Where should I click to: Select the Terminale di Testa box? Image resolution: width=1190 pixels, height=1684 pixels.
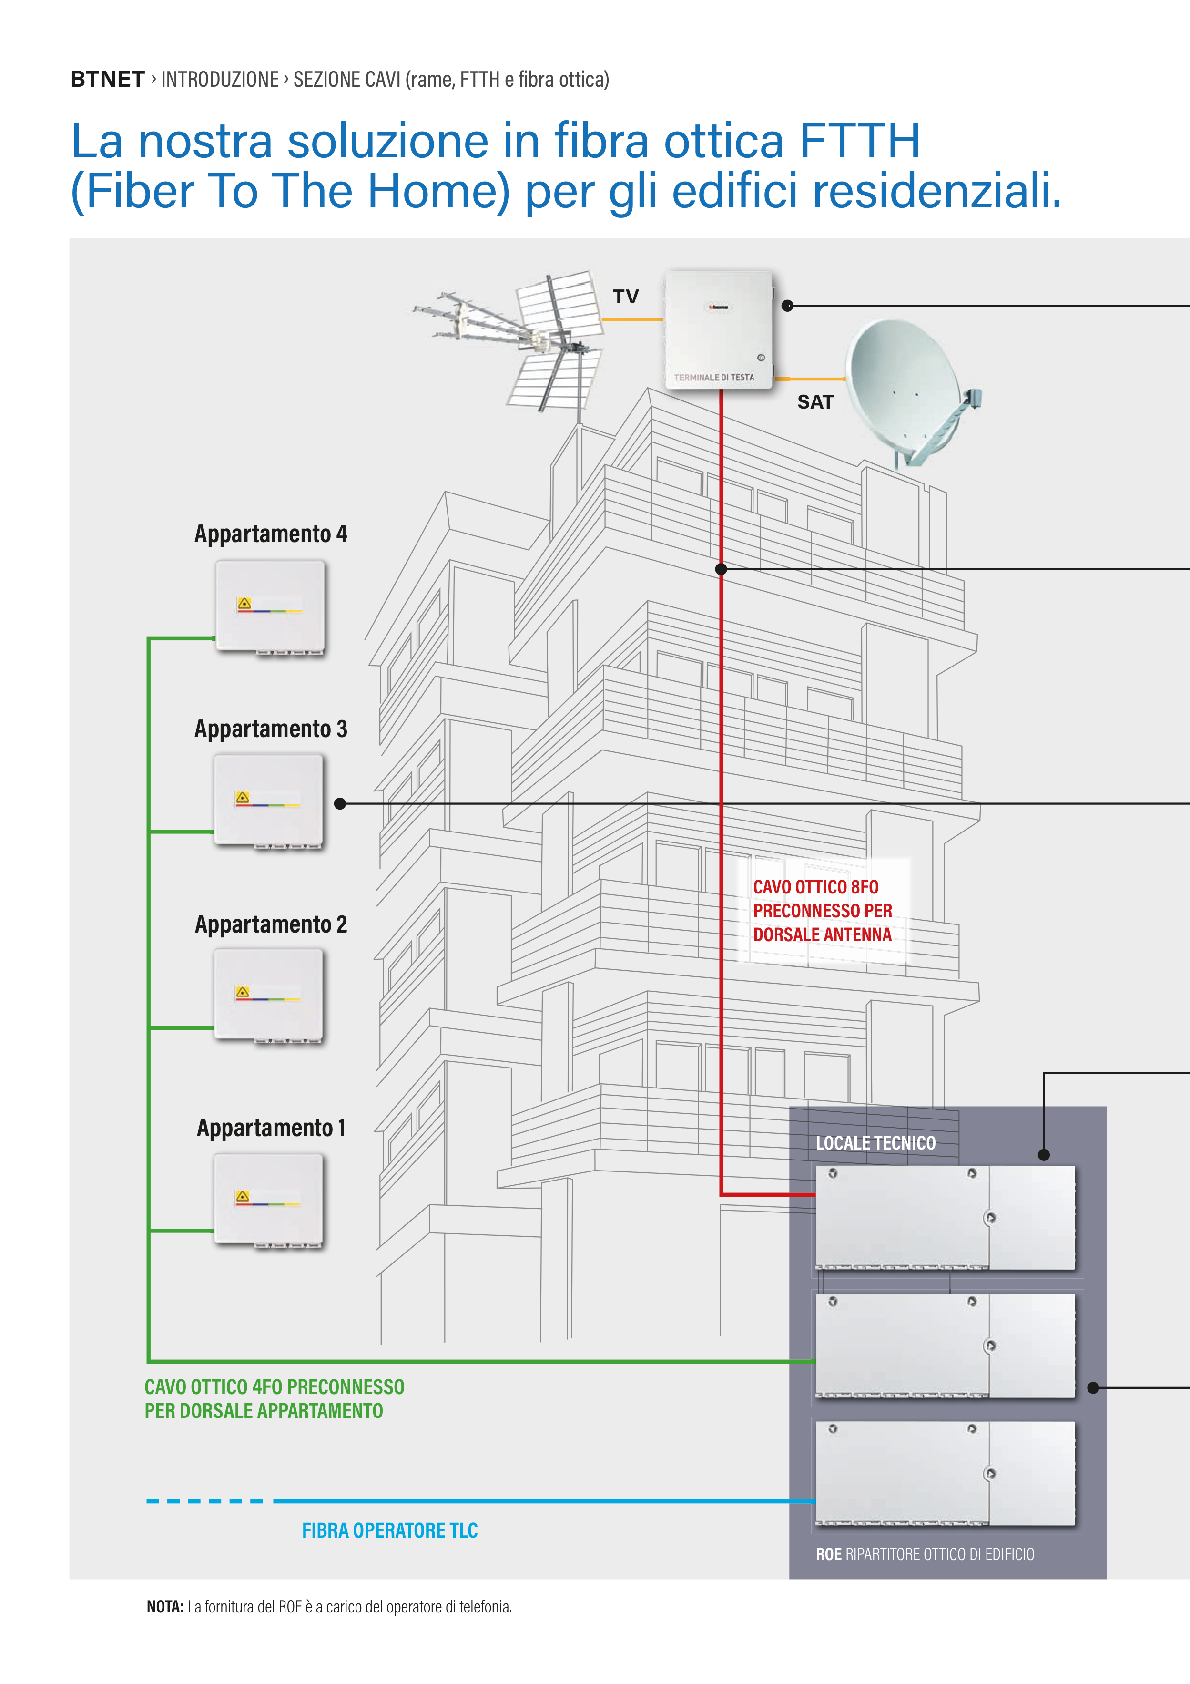point(718,329)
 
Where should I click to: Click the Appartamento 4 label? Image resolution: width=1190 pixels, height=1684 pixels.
point(271,534)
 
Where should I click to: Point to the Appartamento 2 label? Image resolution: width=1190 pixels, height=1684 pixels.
point(271,924)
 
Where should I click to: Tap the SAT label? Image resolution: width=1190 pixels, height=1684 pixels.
point(815,402)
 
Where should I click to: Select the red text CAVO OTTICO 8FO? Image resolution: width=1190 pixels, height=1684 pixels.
point(815,887)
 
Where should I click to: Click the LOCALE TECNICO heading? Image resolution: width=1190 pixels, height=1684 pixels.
point(875,1143)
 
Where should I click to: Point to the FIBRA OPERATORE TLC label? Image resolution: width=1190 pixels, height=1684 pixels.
point(389,1530)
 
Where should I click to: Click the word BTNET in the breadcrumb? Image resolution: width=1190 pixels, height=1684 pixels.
point(107,79)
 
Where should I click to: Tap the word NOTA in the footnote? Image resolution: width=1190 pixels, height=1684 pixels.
point(165,1606)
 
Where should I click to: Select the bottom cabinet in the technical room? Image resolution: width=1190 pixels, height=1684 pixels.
point(945,1473)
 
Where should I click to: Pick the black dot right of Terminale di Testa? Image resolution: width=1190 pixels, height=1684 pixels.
point(787,306)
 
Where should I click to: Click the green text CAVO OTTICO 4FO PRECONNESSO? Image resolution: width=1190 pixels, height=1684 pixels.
point(274,1387)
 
